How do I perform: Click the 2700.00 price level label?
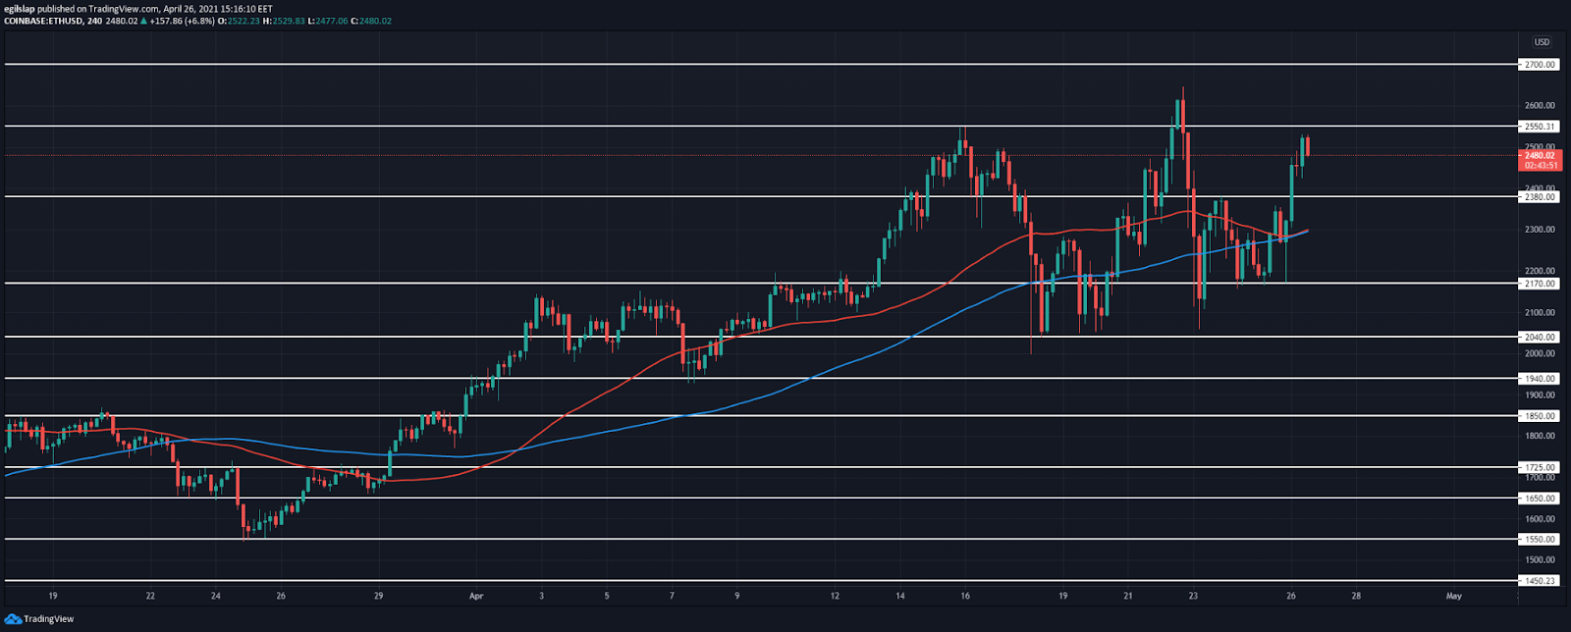click(x=1539, y=65)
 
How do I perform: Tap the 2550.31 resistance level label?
click(x=1539, y=127)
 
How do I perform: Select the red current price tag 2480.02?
click(x=1539, y=155)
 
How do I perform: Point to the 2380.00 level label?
click(x=1539, y=197)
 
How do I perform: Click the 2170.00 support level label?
click(x=1539, y=284)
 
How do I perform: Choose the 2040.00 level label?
click(x=1539, y=338)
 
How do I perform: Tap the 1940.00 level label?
click(x=1539, y=379)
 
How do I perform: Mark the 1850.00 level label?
click(x=1539, y=416)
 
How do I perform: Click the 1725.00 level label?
click(x=1539, y=468)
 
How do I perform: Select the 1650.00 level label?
click(x=1539, y=499)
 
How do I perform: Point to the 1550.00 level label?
click(x=1539, y=540)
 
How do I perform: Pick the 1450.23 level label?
click(x=1539, y=581)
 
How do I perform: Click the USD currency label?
click(x=1542, y=42)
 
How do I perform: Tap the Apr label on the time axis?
click(x=476, y=596)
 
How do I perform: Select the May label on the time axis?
click(x=1454, y=596)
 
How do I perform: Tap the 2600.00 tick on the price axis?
click(x=1539, y=106)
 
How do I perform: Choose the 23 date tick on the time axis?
click(x=1192, y=596)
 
